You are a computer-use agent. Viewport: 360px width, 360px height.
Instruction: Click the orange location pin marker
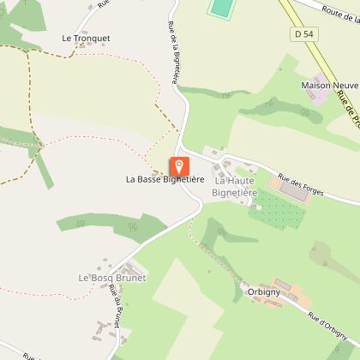click(178, 166)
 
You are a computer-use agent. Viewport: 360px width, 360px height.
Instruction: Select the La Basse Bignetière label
click(164, 180)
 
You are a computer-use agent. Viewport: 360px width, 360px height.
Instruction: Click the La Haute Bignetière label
click(236, 186)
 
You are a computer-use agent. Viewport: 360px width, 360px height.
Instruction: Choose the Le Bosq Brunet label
click(111, 279)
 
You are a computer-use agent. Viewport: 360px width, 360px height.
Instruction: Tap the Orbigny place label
click(262, 290)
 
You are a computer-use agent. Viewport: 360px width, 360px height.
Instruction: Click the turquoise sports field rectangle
click(221, 8)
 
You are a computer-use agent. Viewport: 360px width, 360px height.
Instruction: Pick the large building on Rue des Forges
click(292, 190)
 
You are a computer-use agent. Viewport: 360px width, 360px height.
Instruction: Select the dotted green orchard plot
click(277, 208)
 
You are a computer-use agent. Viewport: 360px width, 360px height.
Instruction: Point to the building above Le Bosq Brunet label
click(105, 263)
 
